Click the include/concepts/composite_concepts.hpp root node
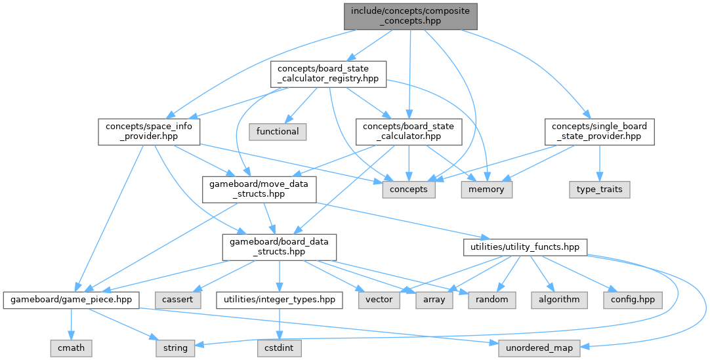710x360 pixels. [410, 16]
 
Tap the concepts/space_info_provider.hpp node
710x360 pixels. [148, 131]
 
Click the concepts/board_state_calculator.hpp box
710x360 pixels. [409, 131]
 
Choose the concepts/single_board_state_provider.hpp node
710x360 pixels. [600, 131]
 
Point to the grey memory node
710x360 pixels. [486, 190]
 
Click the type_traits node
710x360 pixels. [600, 190]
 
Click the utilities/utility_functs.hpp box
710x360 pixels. [525, 247]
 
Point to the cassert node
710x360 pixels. [174, 300]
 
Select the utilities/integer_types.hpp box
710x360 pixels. [279, 300]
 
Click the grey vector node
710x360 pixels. [379, 300]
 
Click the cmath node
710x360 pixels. [71, 348]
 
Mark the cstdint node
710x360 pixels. [279, 348]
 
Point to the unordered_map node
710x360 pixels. [539, 348]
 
